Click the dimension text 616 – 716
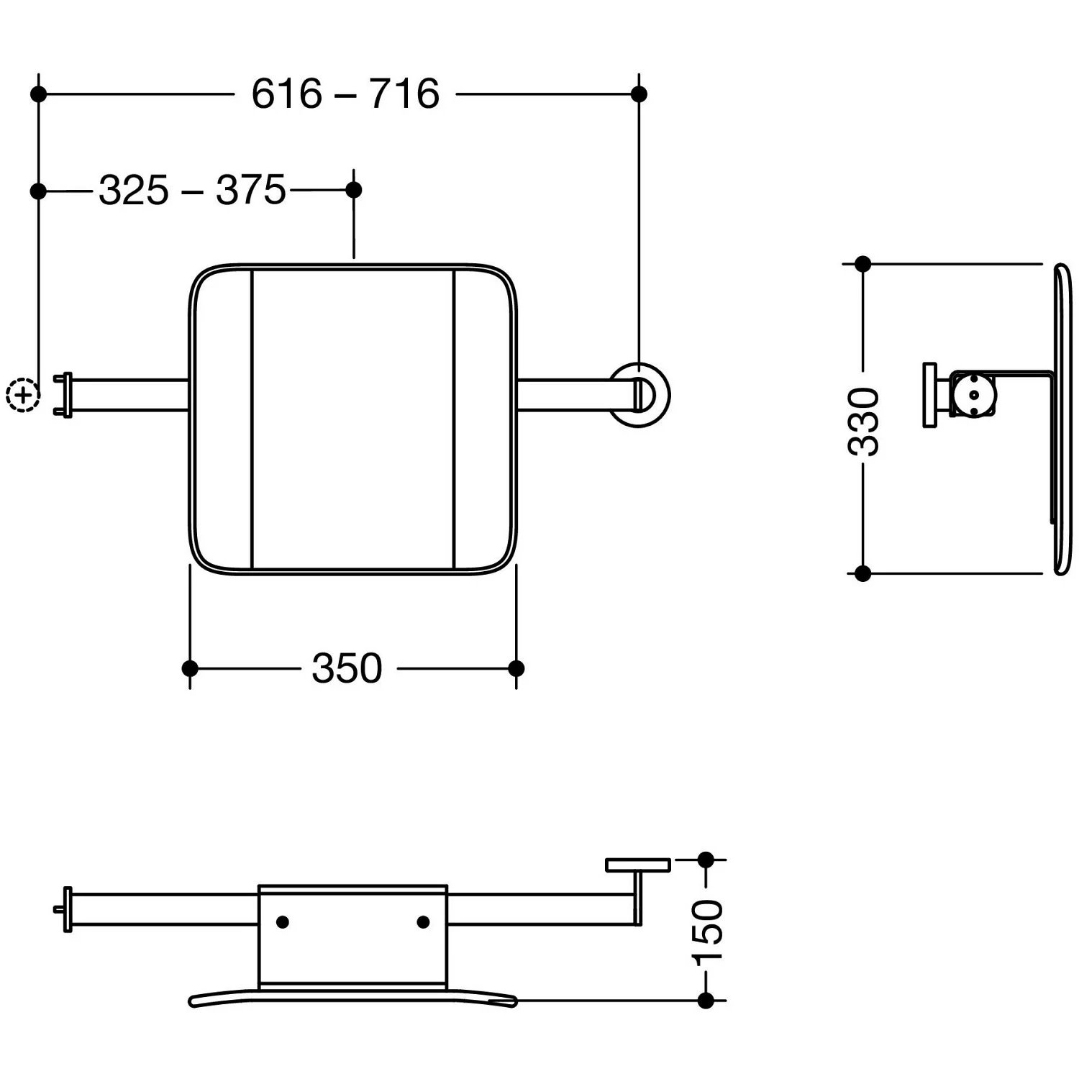[345, 94]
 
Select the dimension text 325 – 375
[192, 191]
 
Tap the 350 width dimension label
[347, 669]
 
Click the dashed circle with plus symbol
[22, 394]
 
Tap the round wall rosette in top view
[639, 395]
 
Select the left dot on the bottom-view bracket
[283, 921]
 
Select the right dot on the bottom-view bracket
[423, 921]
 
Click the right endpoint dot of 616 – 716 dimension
[639, 94]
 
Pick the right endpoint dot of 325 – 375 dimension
[354, 190]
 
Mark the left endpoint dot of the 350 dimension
[190, 668]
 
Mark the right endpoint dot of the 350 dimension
[516, 668]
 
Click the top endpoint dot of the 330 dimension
[863, 264]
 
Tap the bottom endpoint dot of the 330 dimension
[863, 573]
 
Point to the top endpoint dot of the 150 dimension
[706, 860]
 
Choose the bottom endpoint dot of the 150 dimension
[706, 1000]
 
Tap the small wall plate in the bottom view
[637, 865]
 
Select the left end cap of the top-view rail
[65, 395]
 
